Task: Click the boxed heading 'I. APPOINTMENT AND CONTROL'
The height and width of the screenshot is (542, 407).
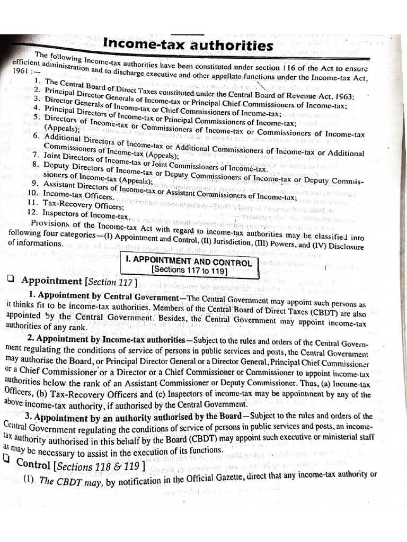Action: click(x=189, y=261)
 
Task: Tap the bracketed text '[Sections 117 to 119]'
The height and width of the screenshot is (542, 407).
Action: click(x=189, y=272)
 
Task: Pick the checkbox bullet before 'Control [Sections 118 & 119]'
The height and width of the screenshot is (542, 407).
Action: click(x=7, y=461)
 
